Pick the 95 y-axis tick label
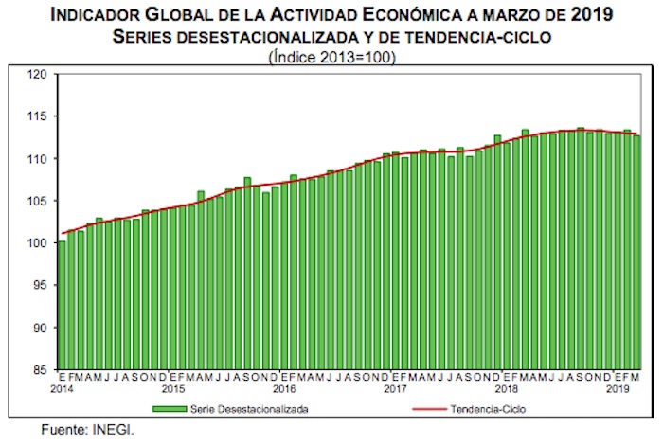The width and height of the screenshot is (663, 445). tap(41, 285)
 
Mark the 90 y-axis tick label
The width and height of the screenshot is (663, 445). tap(41, 328)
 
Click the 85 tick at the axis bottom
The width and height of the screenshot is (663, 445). tap(41, 369)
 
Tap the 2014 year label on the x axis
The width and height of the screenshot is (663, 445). tap(63, 389)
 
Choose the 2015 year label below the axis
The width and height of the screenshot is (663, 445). tap(173, 389)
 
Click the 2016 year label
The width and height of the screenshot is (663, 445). tap(284, 389)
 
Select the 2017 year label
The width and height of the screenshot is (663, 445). tap(395, 389)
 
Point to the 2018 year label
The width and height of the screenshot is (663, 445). tap(506, 389)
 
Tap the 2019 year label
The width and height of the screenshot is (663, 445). tap(617, 389)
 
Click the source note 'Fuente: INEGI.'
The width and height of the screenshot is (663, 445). tap(87, 429)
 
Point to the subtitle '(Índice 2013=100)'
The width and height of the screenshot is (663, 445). tap(331, 55)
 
